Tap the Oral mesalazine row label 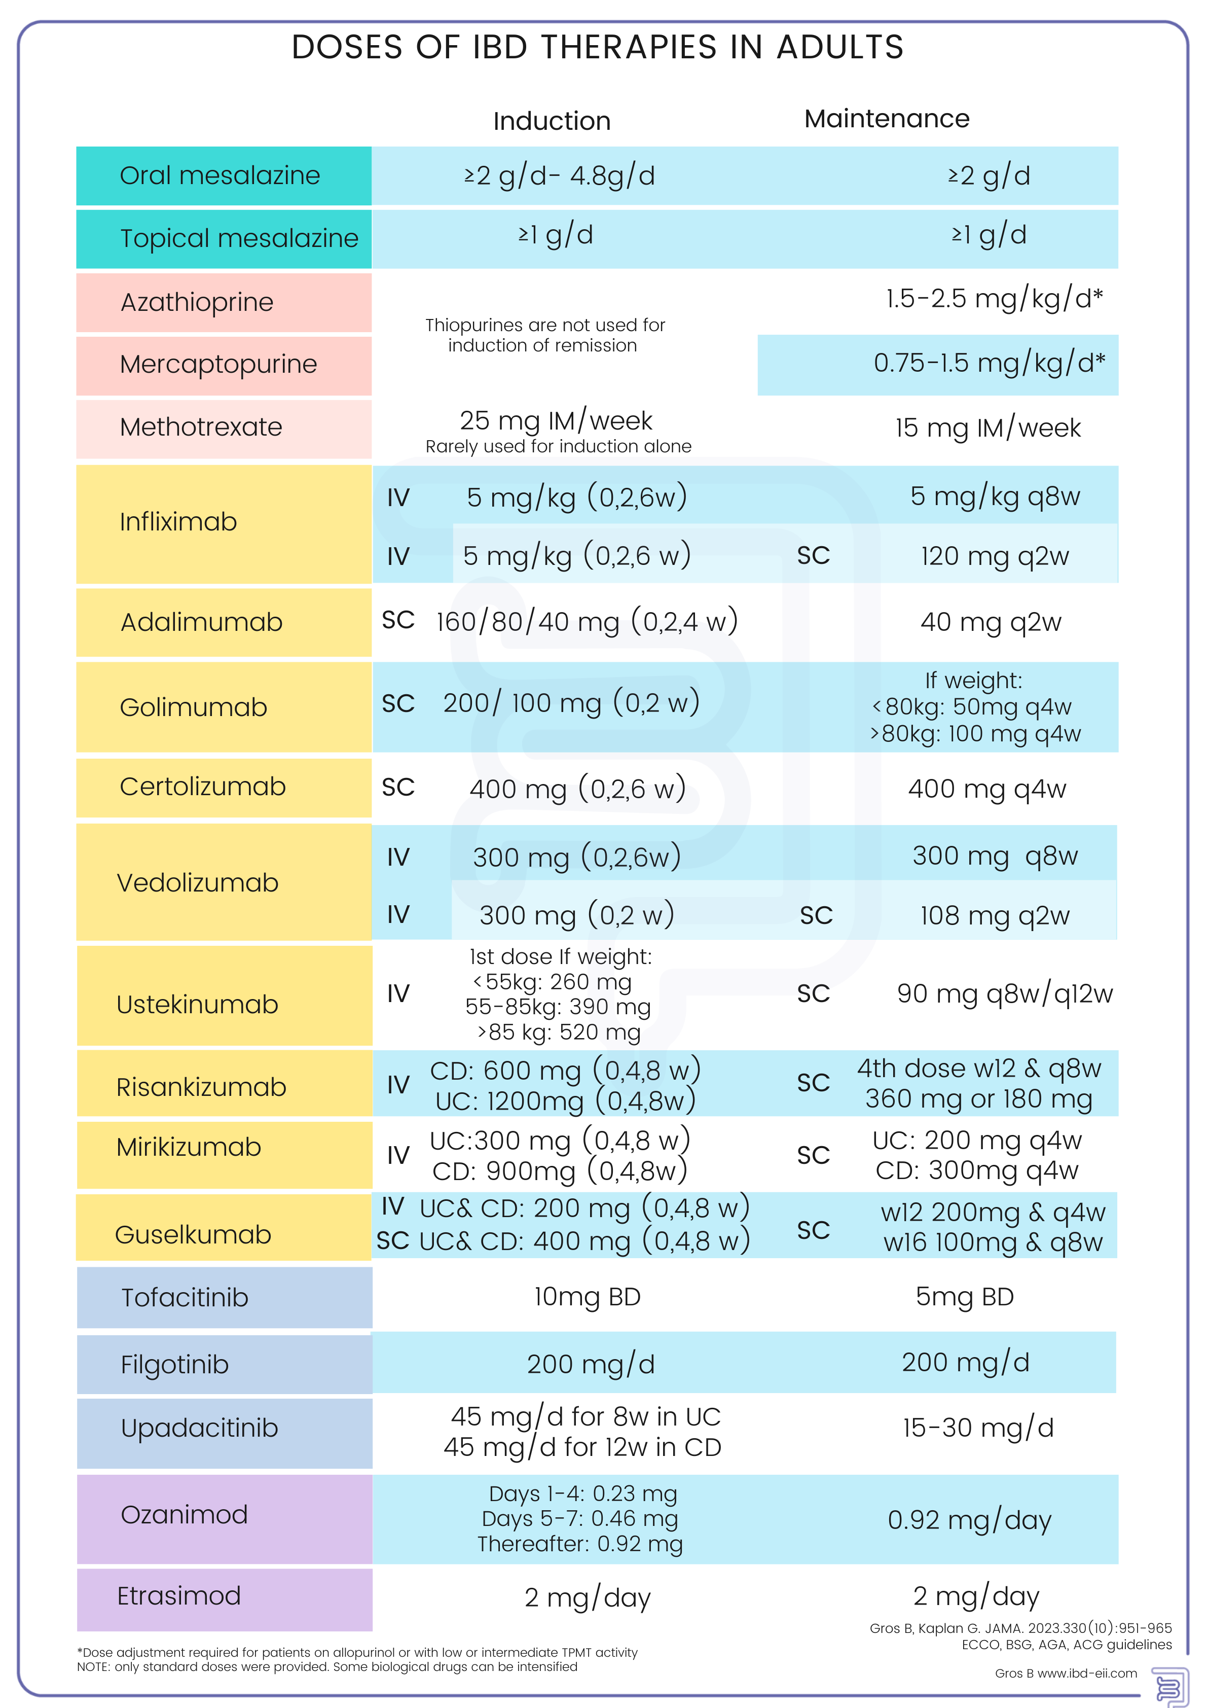[220, 175]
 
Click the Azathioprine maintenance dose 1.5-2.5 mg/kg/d [994, 298]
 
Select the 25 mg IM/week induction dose [556, 421]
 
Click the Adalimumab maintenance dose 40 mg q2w [991, 622]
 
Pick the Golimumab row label [193, 707]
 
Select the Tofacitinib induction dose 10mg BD [587, 1297]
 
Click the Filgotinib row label [175, 1364]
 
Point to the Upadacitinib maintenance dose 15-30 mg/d [978, 1428]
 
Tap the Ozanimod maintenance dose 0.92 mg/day [969, 1520]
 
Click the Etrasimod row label [179, 1595]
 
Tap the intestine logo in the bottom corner [1168, 1685]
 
